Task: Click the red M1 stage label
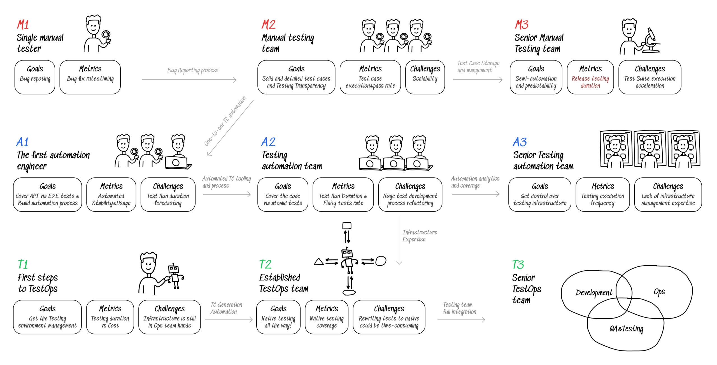[23, 25]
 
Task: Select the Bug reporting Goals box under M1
[35, 77]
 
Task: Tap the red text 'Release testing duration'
[590, 82]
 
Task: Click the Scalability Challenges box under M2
[425, 77]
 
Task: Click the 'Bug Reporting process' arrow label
[193, 70]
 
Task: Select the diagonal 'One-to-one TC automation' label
[225, 121]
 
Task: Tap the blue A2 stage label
[268, 142]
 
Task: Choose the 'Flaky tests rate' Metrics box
[343, 194]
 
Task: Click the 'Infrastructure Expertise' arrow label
[419, 236]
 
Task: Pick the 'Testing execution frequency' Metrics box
[602, 194]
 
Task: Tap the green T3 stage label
[518, 264]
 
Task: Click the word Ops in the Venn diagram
[659, 292]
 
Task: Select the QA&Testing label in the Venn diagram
[626, 329]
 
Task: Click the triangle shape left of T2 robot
[319, 262]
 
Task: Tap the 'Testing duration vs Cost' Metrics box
[110, 317]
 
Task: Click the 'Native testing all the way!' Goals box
[278, 317]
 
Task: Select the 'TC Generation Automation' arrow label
[226, 308]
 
